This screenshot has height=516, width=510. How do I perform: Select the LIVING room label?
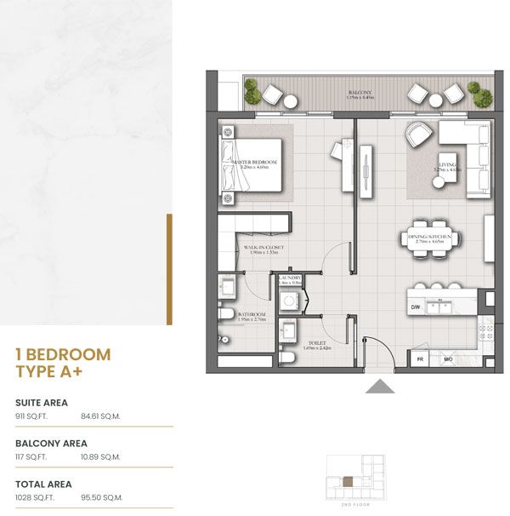(x=447, y=164)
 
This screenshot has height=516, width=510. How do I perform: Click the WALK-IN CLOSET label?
(x=263, y=248)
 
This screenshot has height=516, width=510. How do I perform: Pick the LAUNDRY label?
(x=290, y=278)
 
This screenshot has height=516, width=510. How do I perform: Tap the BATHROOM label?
(x=252, y=314)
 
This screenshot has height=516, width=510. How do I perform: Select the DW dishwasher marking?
(x=416, y=307)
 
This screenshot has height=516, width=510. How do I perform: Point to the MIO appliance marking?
(x=449, y=360)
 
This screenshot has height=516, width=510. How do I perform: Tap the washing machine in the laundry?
(x=290, y=300)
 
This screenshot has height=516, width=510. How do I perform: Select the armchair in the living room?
(x=418, y=135)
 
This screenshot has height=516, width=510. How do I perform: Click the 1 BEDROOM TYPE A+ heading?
(x=63, y=362)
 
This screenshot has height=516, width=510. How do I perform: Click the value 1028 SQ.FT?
(x=35, y=496)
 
